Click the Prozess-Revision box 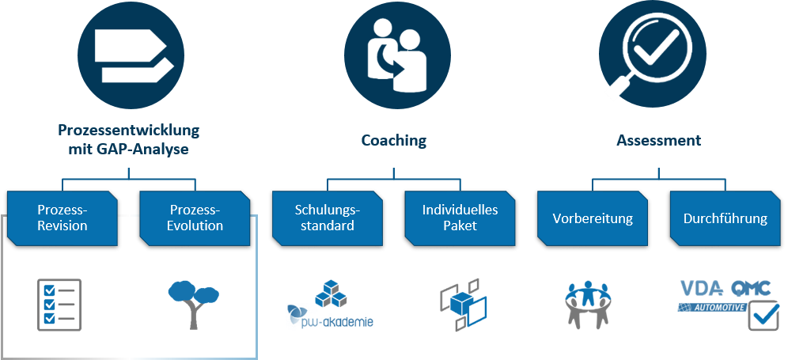coord(63,218)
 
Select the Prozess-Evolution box coord(195,218)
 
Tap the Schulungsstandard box coord(328,218)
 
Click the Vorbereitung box coord(593,218)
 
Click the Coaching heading coord(394,141)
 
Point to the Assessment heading coord(659,141)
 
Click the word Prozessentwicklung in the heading coord(129,129)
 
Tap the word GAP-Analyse coord(150,148)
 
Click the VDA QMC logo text coord(723,289)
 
